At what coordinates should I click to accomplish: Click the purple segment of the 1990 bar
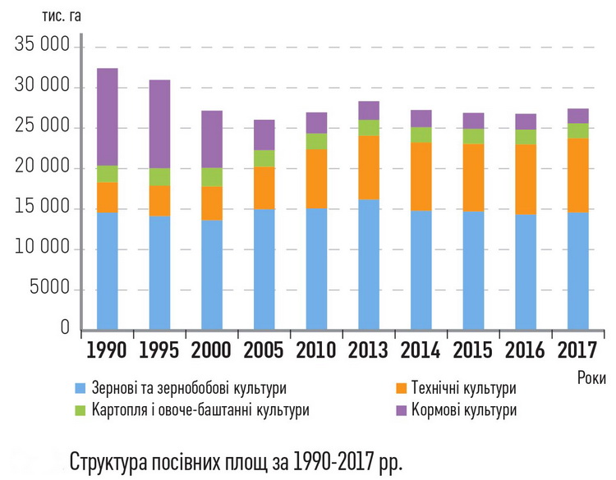click(107, 117)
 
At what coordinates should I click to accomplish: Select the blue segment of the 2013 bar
click(368, 264)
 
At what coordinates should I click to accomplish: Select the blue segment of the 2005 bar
click(264, 269)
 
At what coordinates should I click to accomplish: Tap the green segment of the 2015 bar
click(472, 136)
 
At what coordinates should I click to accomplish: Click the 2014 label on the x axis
click(421, 350)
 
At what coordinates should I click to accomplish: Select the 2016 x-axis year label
click(526, 350)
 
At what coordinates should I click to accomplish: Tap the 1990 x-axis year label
click(107, 350)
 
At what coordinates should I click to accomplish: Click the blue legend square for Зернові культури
click(80, 388)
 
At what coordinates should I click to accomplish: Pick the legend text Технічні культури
click(467, 388)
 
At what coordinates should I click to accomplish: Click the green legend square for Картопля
click(80, 409)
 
